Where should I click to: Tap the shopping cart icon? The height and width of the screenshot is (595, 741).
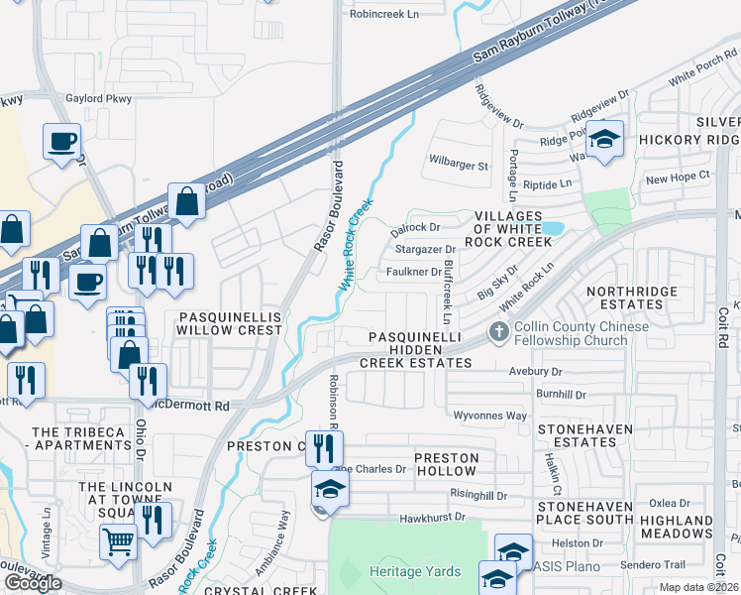(x=118, y=542)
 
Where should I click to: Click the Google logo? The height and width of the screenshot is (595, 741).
(x=33, y=583)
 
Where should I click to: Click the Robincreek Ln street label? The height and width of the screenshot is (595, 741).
(x=384, y=15)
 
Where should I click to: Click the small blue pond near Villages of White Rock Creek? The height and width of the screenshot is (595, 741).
(x=551, y=228)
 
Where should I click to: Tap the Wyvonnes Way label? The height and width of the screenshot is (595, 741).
(x=489, y=416)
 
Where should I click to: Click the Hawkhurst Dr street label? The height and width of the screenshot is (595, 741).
(x=432, y=518)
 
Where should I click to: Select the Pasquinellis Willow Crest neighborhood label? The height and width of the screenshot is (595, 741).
(x=230, y=323)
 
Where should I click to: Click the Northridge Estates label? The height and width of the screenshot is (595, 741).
(x=631, y=298)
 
